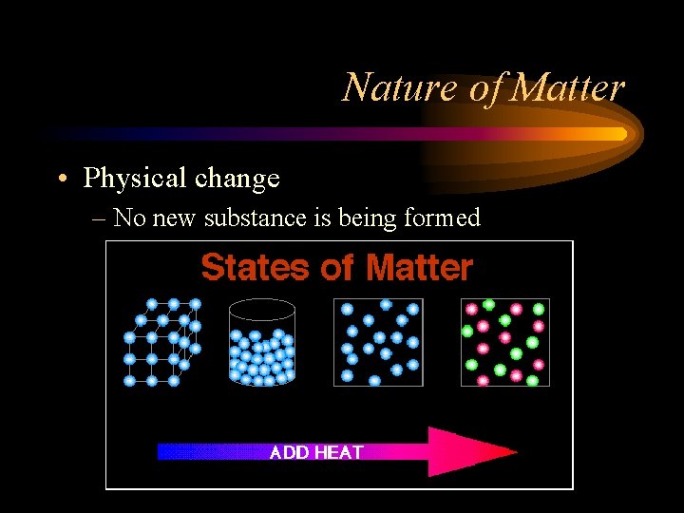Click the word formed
(442, 218)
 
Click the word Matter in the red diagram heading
(419, 268)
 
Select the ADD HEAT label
(316, 452)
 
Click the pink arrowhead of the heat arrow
(470, 452)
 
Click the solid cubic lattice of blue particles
(161, 342)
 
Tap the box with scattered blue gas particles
(378, 342)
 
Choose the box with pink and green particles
(504, 342)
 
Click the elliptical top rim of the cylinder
(263, 309)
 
